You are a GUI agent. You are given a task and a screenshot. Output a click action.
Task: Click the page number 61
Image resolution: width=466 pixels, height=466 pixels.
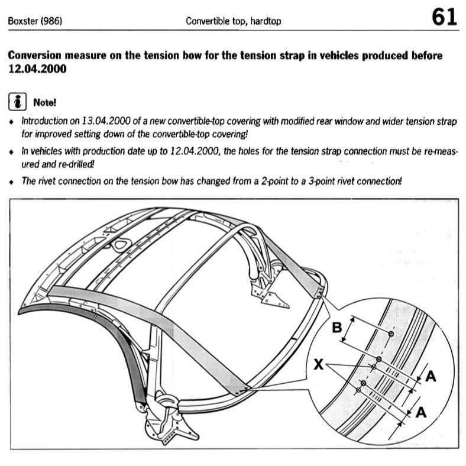(444, 17)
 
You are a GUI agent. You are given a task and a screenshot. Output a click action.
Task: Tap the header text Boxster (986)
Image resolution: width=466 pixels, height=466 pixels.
(35, 21)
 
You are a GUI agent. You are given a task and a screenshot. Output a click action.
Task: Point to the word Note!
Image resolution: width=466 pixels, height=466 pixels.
(45, 102)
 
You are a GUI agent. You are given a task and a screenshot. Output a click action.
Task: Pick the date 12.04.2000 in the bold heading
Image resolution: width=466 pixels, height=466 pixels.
(36, 69)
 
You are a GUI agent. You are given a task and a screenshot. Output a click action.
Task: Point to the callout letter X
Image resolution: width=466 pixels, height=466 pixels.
(318, 365)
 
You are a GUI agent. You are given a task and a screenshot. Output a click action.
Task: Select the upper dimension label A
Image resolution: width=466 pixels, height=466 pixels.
(431, 376)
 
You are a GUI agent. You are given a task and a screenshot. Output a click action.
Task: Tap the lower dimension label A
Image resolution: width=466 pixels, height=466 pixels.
(421, 413)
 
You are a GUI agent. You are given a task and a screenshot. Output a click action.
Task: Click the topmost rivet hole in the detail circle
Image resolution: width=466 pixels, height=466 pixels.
(391, 335)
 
